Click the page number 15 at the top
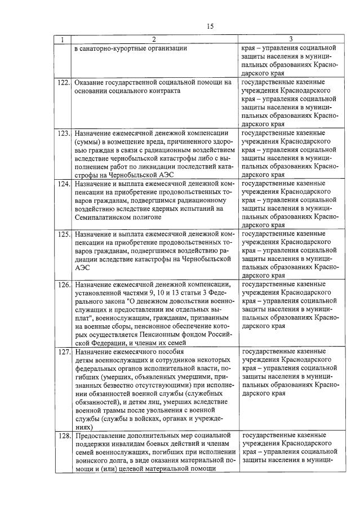(210, 26)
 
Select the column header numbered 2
(154, 39)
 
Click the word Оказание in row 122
(90, 82)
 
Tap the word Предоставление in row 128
(102, 436)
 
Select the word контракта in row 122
(164, 91)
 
